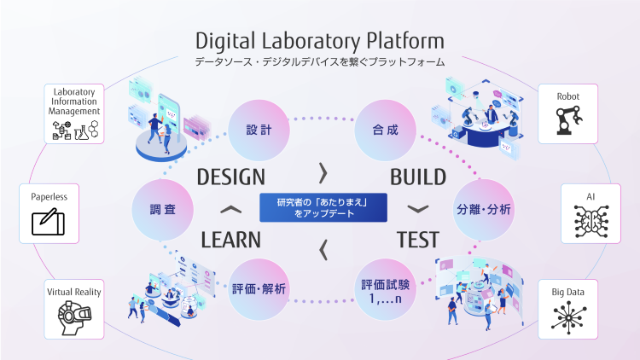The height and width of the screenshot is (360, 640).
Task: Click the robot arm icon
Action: click(568, 120)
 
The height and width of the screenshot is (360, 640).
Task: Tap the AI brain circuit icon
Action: click(591, 221)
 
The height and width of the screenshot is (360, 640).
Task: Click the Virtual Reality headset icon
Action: click(74, 317)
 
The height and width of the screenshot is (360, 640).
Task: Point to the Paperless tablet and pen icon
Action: click(48, 222)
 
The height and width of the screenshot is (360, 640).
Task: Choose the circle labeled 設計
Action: click(259, 131)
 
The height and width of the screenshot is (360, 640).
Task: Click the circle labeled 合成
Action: click(386, 131)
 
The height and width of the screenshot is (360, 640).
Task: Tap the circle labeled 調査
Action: click(162, 209)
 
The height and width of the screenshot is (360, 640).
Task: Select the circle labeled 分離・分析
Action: click(484, 209)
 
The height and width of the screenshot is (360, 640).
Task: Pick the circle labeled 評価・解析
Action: click(259, 289)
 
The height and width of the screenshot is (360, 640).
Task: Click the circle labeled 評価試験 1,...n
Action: click(386, 289)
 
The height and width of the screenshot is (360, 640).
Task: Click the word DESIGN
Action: click(231, 177)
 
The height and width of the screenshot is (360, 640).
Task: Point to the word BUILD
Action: click(418, 177)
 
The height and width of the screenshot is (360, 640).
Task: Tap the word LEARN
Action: click(230, 240)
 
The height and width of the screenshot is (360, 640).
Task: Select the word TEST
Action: click(418, 240)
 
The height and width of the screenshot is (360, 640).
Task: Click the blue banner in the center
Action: click(323, 207)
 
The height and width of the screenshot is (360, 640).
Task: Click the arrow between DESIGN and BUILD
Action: click(323, 173)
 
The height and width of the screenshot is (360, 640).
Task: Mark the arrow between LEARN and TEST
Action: click(323, 250)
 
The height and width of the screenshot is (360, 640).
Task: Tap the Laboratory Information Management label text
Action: click(74, 102)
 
